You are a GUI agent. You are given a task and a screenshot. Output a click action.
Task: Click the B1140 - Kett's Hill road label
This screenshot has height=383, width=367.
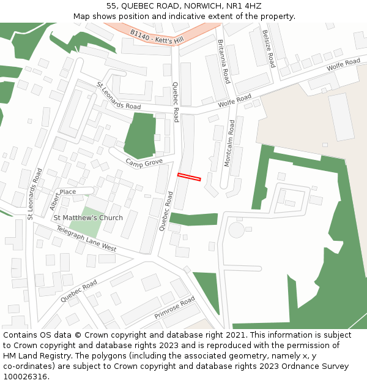point(157,36)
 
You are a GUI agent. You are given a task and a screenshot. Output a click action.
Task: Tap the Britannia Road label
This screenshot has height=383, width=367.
point(224,61)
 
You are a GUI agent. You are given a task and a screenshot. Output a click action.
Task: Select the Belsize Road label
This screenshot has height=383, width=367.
point(269,48)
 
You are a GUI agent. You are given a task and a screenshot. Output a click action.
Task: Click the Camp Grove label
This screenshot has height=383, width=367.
point(144,162)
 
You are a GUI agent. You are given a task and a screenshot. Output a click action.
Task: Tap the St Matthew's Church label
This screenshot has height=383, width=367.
point(88,218)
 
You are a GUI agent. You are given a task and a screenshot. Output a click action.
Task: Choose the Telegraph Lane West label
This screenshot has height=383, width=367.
point(86,238)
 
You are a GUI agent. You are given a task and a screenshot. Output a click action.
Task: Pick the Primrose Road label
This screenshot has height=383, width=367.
point(174,308)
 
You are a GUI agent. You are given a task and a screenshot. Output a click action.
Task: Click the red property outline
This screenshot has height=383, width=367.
point(189,177)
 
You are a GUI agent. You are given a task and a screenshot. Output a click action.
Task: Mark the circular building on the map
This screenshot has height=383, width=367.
point(235,230)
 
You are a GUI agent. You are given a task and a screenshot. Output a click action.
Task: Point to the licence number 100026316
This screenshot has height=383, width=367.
point(24,377)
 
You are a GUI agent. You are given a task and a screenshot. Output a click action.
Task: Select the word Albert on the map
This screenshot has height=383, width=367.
point(55,200)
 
